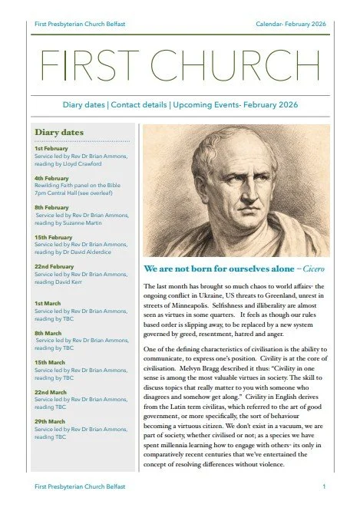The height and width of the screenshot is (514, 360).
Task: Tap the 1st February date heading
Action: [49, 149]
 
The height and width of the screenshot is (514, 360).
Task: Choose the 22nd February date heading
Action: [52, 266]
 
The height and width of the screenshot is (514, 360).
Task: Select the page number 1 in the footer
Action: [325, 486]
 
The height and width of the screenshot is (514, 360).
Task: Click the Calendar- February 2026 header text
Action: [290, 25]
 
